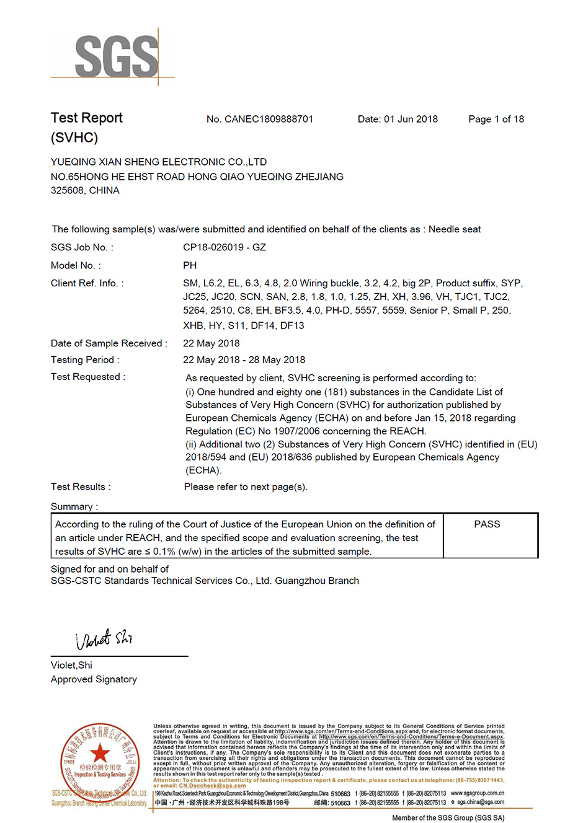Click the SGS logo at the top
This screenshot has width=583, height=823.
[116, 56]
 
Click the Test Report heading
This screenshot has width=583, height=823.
[86, 118]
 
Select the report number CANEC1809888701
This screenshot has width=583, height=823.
[269, 119]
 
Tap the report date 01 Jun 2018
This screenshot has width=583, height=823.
[411, 119]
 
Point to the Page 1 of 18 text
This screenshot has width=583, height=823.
[496, 119]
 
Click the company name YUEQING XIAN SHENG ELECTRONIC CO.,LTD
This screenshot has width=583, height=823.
[159, 162]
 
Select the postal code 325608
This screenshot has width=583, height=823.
[66, 191]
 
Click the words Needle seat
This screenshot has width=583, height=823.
[455, 229]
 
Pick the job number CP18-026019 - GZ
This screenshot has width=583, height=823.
[225, 247]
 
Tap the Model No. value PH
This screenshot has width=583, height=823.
[190, 265]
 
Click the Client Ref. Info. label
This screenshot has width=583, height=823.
[87, 283]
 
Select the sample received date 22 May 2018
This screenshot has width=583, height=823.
[211, 343]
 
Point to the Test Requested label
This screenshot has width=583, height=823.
[87, 377]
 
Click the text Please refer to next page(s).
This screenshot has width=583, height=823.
[246, 487]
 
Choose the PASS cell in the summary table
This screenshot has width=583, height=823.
[487, 524]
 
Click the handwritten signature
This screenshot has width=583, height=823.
[104, 638]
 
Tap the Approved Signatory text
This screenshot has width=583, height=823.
[94, 679]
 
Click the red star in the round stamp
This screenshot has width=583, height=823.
[99, 754]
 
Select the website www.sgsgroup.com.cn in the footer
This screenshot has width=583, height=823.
[478, 793]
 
